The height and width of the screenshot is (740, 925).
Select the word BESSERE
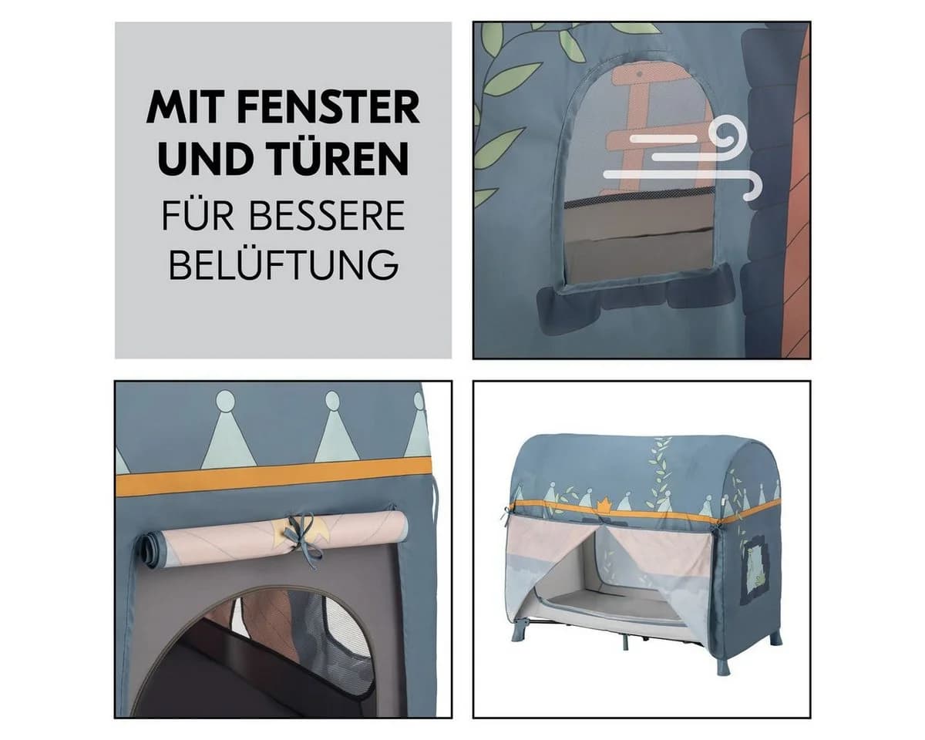[x=327, y=215]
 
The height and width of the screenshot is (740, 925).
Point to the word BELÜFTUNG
[x=284, y=264]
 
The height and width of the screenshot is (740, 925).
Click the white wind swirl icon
[x=683, y=160]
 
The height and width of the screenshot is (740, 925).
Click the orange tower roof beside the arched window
[x=792, y=189]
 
